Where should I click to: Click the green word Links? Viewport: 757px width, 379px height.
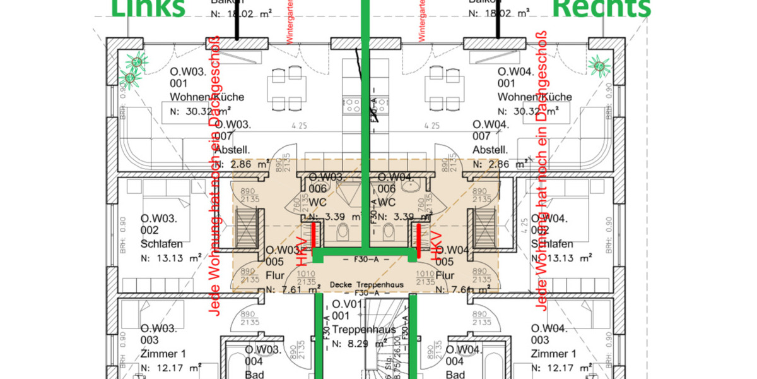point(148,8)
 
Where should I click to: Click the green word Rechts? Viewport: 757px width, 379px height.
point(602,8)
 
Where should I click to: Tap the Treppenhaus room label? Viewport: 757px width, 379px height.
point(364,330)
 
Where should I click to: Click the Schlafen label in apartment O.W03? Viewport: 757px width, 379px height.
point(161,244)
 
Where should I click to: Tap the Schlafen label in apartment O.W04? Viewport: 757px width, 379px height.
point(552,244)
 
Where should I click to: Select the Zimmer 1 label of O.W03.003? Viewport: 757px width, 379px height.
point(162,354)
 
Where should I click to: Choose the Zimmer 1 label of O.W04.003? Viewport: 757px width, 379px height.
point(553,354)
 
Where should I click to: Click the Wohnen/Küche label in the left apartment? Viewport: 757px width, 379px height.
point(207,97)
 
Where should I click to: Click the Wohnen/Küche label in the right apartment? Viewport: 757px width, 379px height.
point(534,97)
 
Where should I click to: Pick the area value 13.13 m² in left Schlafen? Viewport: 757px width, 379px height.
point(177,258)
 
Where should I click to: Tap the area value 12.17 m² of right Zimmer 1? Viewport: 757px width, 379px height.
point(568,368)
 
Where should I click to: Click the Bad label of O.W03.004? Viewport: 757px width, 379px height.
point(254,374)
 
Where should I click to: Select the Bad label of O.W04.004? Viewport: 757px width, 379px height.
point(455,374)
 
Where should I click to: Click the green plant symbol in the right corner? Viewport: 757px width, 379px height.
point(599,65)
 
